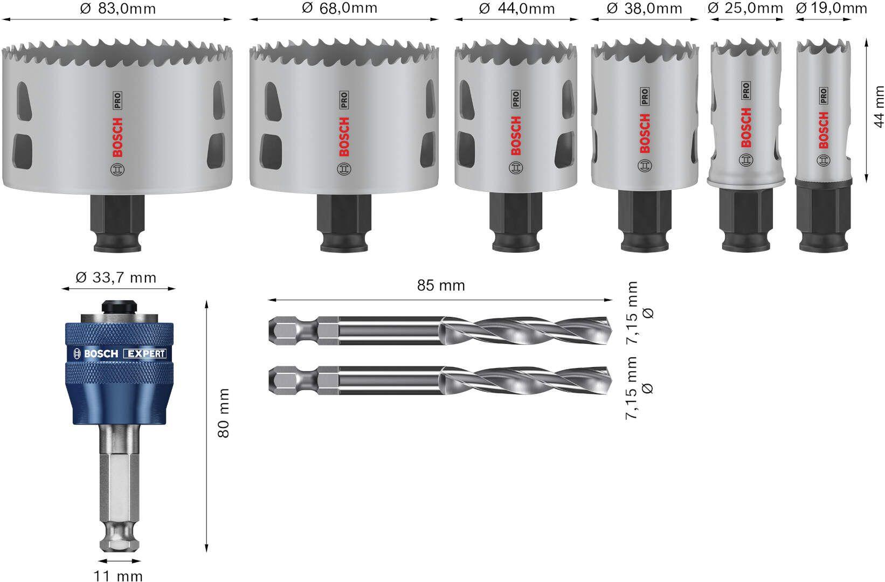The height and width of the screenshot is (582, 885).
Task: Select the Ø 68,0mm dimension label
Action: (x=340, y=8)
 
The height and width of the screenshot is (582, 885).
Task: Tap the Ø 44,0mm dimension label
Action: (x=517, y=9)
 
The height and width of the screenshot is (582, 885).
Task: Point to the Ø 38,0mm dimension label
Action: (x=644, y=9)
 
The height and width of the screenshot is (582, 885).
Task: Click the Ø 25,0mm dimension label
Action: (x=745, y=8)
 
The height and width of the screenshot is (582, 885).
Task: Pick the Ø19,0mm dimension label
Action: (x=832, y=8)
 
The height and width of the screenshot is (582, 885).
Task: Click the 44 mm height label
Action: (x=879, y=107)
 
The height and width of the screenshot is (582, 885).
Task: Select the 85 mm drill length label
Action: (x=441, y=285)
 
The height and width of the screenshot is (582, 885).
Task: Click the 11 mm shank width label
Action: (x=118, y=576)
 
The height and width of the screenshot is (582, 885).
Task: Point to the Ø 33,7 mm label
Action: (x=116, y=278)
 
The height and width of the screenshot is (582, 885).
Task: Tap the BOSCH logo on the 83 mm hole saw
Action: (x=118, y=138)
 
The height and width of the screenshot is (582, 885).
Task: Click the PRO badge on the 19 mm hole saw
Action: (x=823, y=96)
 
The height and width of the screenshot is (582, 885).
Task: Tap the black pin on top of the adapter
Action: (x=118, y=306)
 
